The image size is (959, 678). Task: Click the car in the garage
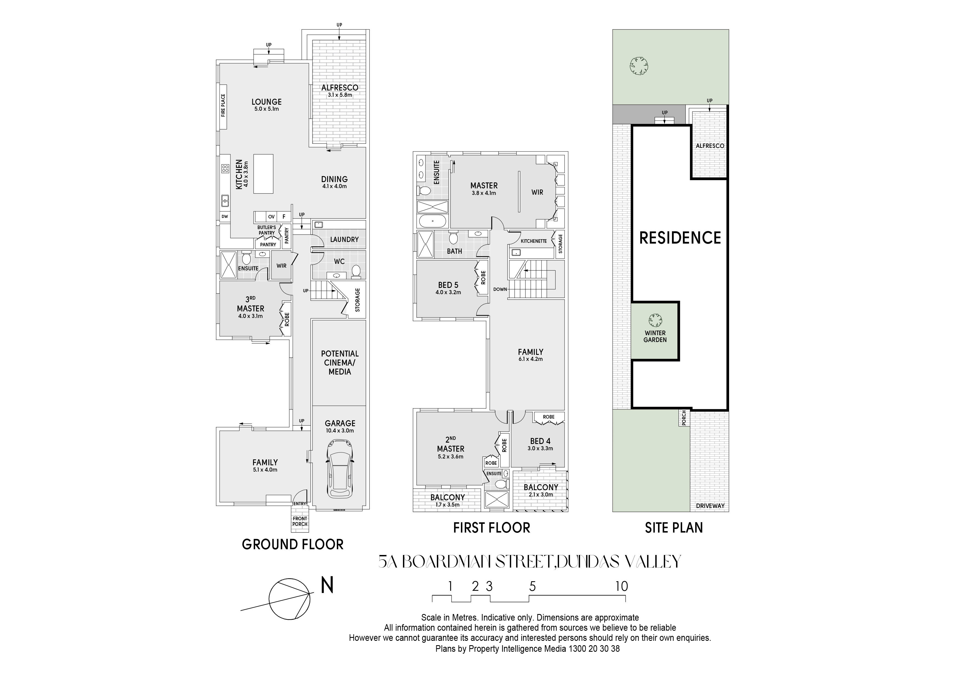pos(340,468)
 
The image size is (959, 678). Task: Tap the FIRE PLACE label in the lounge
pos(223,105)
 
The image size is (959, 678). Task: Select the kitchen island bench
pos(264,173)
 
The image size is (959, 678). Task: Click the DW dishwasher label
pos(225,217)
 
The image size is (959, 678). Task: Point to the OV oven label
pos(271,217)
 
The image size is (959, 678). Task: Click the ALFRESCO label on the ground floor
pos(340,88)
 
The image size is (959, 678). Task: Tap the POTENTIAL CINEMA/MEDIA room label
pos(340,363)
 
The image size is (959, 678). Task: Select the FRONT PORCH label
pos(300,521)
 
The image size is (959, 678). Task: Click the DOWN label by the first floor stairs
pos(500,289)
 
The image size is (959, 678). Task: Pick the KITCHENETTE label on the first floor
pos(534,241)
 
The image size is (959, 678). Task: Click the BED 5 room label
pos(448,285)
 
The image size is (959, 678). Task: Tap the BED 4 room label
pos(540,441)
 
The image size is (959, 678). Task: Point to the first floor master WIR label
pos(537,192)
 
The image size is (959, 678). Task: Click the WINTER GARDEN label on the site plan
pos(655,336)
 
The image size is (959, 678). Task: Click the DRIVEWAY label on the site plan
pos(710,506)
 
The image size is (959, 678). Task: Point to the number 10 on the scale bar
pos(621,586)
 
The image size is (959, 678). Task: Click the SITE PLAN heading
pos(674,528)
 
